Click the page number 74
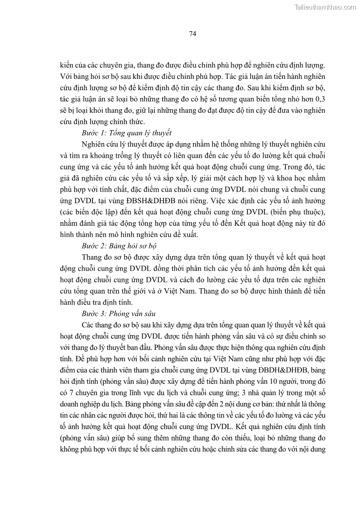click(x=192, y=34)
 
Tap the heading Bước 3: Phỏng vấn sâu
click(x=119, y=313)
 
